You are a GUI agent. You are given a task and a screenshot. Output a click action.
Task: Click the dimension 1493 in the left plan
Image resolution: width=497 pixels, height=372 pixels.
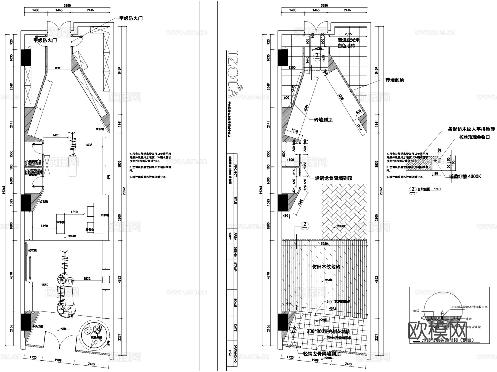56,135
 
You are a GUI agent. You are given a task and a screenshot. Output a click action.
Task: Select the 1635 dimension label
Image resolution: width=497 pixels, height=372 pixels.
89,145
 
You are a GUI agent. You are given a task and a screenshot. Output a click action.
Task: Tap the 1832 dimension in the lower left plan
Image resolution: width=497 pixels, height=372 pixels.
87,278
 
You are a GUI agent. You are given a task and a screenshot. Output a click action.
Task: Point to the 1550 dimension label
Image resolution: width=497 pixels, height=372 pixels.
45,285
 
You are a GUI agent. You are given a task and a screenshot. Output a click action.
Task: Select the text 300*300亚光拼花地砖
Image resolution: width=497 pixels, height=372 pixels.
328,331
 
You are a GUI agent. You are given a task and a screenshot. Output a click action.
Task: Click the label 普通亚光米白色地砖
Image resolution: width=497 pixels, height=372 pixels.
348,43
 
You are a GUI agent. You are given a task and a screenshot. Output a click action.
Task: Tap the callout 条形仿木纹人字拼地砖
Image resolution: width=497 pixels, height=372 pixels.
471,129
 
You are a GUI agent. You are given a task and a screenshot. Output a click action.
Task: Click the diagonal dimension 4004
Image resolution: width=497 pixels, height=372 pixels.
306,107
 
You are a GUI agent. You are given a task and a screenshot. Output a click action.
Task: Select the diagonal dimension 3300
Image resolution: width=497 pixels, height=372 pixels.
341,97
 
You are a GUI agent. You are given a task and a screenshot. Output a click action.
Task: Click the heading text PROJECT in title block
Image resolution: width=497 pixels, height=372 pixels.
235,171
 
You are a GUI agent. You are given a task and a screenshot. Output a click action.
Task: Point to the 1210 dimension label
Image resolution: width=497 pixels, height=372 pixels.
74,212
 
